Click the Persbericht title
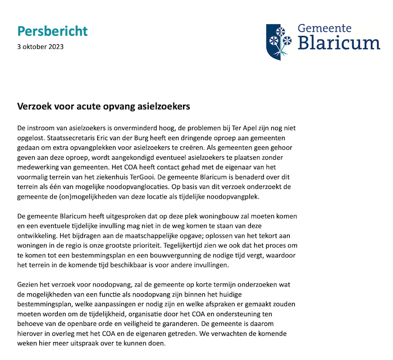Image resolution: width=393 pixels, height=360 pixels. pos(52,31)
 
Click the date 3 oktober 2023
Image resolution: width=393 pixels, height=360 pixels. pos(40,47)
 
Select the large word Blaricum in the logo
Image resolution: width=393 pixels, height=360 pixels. pos(339,43)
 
